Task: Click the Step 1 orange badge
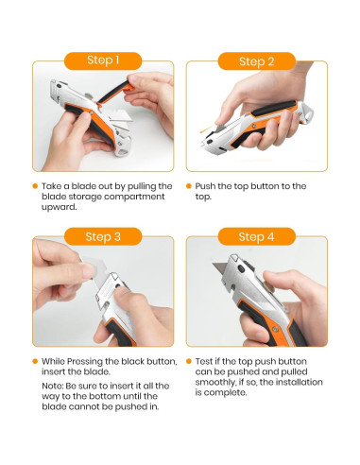click(x=103, y=60)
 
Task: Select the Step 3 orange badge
click(x=103, y=236)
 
